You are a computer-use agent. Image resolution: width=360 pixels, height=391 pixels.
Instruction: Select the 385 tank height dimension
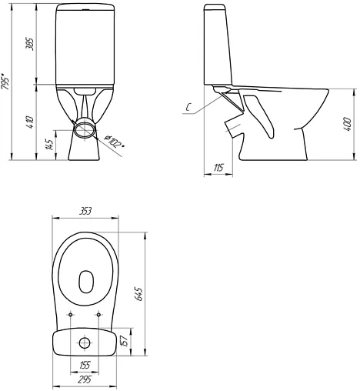(x=30, y=45)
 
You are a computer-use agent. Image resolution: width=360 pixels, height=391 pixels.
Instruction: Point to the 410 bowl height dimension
(x=30, y=122)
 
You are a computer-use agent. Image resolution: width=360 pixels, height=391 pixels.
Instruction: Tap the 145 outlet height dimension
(x=50, y=145)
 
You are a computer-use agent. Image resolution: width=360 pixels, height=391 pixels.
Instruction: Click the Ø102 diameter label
(x=114, y=142)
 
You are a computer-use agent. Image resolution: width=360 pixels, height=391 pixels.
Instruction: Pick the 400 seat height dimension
(x=347, y=125)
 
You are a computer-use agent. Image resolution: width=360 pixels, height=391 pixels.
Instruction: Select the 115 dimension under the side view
(x=218, y=168)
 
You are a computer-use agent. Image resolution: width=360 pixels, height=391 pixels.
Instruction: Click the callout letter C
(x=188, y=108)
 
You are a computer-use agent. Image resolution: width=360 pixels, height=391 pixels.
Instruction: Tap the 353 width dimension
(x=85, y=212)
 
